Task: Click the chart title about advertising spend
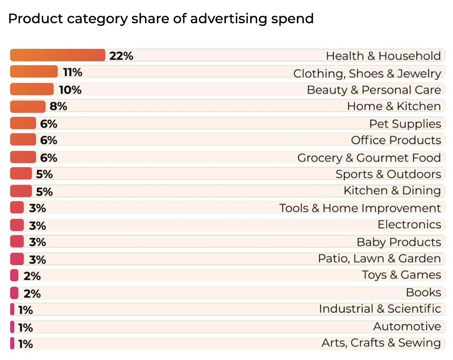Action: tap(161, 19)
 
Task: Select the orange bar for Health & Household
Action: tap(57, 55)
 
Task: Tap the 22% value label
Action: tap(121, 56)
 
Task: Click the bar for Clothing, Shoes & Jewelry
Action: tap(34, 72)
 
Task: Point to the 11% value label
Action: tap(73, 72)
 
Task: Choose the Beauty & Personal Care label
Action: tap(374, 90)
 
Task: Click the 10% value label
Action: tap(70, 90)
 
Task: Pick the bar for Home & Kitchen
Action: tap(27, 107)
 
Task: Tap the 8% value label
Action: tap(58, 106)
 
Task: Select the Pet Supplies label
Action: tap(405, 124)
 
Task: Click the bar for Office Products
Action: tap(23, 140)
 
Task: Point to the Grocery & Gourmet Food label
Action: tap(369, 158)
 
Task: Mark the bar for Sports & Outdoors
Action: tap(21, 174)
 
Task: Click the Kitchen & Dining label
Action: tap(392, 191)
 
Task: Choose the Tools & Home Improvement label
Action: tap(360, 208)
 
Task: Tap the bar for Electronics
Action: tap(17, 225)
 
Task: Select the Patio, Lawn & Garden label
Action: tap(379, 259)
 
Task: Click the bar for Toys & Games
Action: tap(14, 275)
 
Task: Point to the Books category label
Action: tap(423, 293)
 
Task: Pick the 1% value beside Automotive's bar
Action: tap(25, 328)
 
